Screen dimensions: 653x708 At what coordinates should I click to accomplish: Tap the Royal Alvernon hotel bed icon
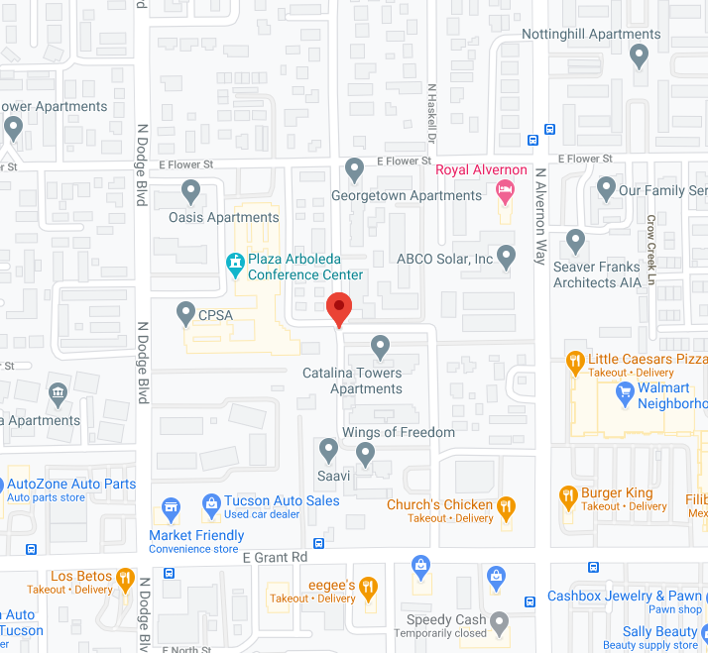(x=506, y=188)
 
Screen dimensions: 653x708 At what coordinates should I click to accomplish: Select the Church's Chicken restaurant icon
(x=507, y=508)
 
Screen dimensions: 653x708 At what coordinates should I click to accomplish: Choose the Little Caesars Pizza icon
(x=573, y=363)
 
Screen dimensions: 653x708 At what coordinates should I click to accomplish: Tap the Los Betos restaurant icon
(x=125, y=578)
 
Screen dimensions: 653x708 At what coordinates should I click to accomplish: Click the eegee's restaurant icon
(x=369, y=588)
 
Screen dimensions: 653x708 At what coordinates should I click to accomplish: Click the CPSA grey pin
(x=184, y=314)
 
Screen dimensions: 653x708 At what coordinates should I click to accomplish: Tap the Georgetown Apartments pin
(x=355, y=169)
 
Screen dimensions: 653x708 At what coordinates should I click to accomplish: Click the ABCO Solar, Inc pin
(x=507, y=257)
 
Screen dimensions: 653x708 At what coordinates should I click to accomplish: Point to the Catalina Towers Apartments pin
(x=380, y=346)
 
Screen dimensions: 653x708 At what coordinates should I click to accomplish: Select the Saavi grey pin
(x=329, y=451)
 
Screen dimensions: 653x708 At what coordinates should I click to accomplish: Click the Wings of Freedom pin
(x=366, y=454)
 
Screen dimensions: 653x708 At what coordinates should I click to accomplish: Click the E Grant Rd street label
(x=275, y=558)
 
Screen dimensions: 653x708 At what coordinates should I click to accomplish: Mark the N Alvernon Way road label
(x=540, y=215)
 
